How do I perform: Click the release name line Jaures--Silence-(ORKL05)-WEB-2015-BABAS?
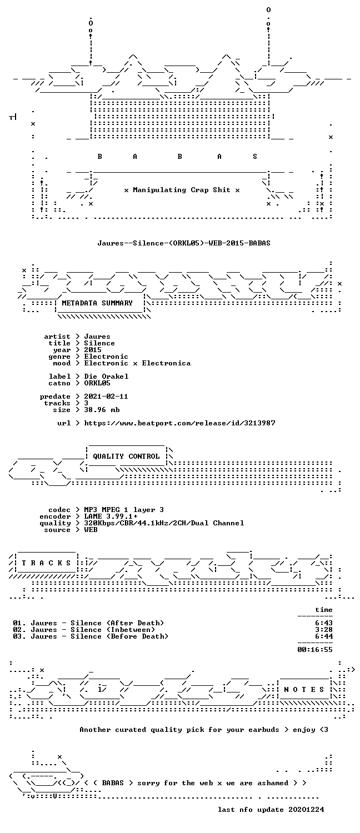pyautogui.click(x=184, y=243)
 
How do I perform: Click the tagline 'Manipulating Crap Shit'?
pyautogui.click(x=182, y=190)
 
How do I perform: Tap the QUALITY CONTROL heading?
pyautogui.click(x=126, y=456)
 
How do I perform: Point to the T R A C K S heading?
pyautogui.click(x=46, y=563)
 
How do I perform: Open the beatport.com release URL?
pyautogui.click(x=179, y=423)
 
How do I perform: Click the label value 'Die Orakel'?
pyautogui.click(x=106, y=377)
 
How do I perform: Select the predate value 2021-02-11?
pyautogui.click(x=106, y=397)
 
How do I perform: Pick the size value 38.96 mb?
pyautogui.click(x=102, y=410)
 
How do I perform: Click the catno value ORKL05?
pyautogui.click(x=97, y=383)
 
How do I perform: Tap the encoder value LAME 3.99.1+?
pyautogui.click(x=111, y=516)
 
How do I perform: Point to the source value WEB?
pyautogui.click(x=91, y=530)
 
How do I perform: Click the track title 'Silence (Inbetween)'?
pyautogui.click(x=113, y=630)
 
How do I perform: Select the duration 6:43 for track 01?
pyautogui.click(x=324, y=623)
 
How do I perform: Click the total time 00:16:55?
pyautogui.click(x=315, y=650)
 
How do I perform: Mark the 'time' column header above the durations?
pyautogui.click(x=324, y=610)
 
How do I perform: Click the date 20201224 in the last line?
pyautogui.click(x=306, y=810)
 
